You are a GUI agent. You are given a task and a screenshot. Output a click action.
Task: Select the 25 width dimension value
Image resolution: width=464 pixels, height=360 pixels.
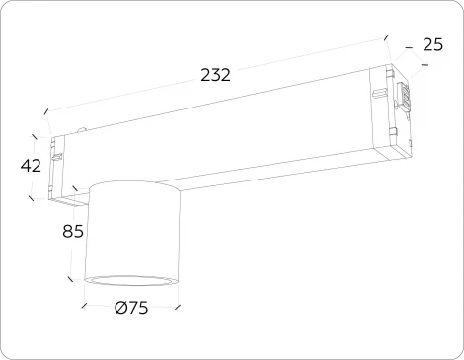pos(431,43)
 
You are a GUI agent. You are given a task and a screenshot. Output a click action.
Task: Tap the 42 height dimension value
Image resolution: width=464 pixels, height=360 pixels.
pos(31,166)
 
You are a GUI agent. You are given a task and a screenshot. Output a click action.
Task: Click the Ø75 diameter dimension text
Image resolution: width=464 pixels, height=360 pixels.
pos(130,308)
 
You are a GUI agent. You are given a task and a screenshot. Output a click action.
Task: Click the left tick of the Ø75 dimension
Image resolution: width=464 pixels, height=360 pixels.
pos(85,305)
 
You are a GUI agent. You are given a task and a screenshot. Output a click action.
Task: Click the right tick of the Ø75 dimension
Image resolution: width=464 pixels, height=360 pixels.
pos(178,305)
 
